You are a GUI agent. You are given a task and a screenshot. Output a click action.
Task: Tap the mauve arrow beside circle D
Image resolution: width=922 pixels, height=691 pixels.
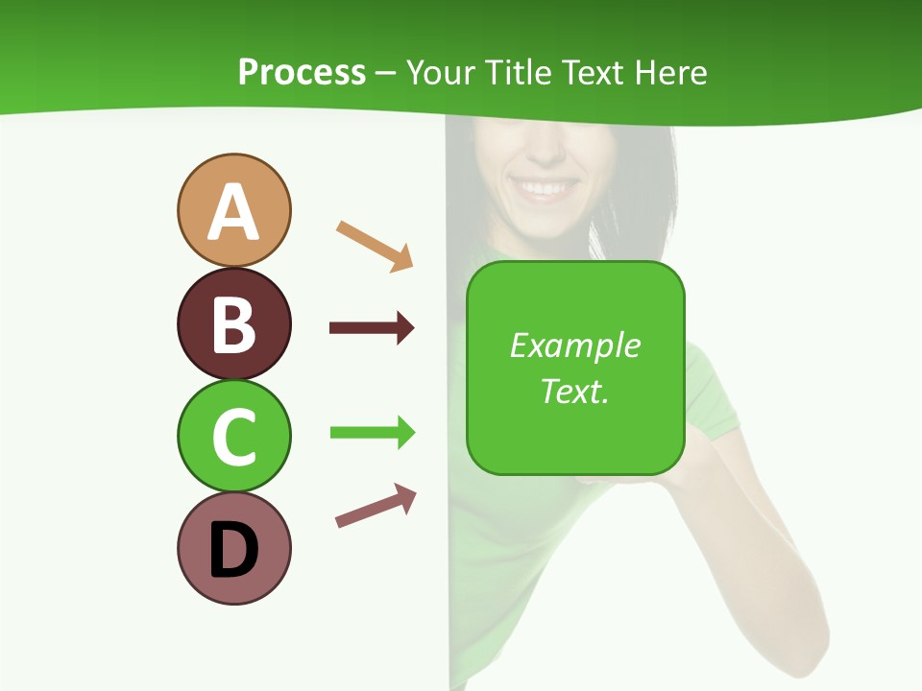point(376,506)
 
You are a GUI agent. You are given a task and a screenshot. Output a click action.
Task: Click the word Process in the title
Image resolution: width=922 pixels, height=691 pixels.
point(302,73)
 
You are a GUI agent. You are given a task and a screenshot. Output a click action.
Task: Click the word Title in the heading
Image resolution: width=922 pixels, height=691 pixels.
point(519,73)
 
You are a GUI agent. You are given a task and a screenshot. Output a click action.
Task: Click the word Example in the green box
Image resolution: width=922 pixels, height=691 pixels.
point(574,345)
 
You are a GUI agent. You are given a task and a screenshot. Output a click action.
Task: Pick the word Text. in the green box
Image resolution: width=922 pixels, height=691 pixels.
point(574,391)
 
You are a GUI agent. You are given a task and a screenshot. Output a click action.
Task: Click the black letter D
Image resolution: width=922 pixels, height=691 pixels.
point(233,551)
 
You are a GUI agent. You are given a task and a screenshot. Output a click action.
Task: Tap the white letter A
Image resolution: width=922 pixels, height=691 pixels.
point(233,213)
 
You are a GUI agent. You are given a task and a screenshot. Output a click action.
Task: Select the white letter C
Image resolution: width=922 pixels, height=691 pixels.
point(233,438)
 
